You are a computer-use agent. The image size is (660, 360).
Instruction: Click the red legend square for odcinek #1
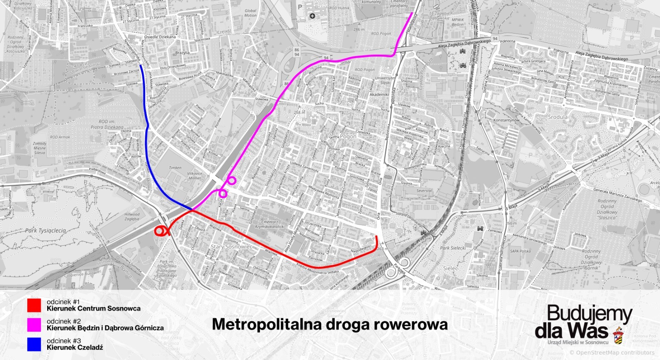[34, 305]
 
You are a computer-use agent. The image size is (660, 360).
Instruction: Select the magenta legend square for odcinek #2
[34, 325]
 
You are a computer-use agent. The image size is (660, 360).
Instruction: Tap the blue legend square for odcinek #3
[34, 344]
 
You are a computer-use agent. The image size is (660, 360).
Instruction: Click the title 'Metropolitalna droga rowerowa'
[330, 324]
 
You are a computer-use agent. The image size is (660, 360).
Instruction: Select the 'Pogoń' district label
[348, 137]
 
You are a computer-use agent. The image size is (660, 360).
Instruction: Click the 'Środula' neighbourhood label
[558, 117]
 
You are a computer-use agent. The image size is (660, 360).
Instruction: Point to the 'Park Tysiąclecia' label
[46, 230]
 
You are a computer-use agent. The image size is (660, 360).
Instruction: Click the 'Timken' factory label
[175, 168]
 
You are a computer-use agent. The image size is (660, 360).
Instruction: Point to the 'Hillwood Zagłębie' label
[132, 217]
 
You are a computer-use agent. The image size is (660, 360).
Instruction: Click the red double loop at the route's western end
[161, 231]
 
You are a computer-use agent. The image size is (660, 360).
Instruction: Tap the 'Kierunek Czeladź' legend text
[75, 347]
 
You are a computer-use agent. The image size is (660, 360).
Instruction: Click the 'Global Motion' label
[250, 13]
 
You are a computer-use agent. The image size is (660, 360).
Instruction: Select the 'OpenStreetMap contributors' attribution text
[612, 353]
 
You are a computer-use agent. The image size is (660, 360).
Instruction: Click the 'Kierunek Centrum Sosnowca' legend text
[94, 309]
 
